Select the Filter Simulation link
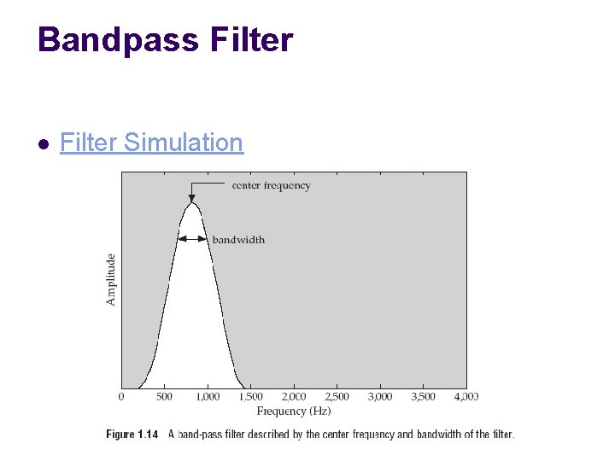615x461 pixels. coord(151,143)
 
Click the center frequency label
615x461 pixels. coord(271,185)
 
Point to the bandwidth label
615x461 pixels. coord(238,240)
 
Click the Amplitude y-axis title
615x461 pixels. coord(110,279)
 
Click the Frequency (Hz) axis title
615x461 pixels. coord(293,411)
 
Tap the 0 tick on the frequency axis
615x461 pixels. coord(121,397)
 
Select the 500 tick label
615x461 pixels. coord(165,397)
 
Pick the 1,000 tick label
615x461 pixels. coord(208,397)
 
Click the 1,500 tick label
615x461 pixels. coord(250,397)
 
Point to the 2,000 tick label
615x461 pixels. coord(294,397)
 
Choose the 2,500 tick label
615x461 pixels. coord(337,397)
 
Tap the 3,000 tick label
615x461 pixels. coord(380,397)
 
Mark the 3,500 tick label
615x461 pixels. coord(423,397)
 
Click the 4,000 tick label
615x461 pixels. coord(466,397)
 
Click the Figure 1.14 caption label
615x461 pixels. coord(132,435)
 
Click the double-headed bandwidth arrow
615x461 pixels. coord(192,240)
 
